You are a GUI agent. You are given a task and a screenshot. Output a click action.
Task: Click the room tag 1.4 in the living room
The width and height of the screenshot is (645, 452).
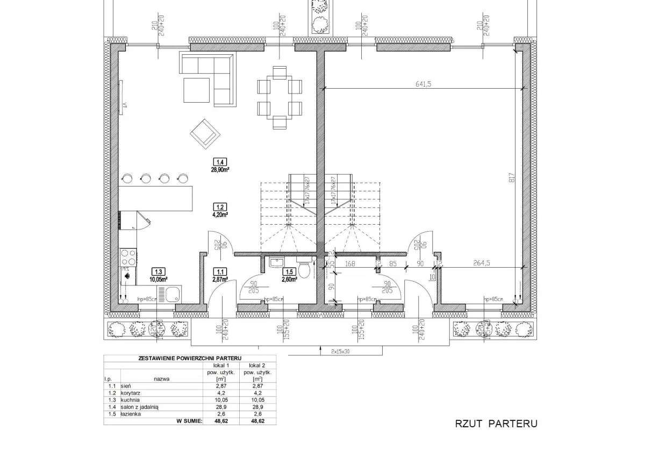(x=220, y=162)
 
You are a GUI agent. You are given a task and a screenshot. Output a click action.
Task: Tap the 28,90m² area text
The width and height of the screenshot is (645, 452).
(x=220, y=169)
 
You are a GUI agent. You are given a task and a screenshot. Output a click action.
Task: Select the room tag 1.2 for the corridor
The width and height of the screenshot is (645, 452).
(x=220, y=206)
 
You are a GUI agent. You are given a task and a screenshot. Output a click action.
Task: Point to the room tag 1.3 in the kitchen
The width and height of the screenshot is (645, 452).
(x=158, y=271)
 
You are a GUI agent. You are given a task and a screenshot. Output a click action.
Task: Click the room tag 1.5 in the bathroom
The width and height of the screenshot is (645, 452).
(x=290, y=271)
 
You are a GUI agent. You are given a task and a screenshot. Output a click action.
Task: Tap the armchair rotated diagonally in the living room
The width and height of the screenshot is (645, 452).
(x=204, y=133)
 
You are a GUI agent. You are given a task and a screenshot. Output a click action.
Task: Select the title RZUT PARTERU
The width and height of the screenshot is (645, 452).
(x=496, y=424)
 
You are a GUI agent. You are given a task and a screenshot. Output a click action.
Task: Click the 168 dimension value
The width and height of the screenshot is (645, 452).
(x=350, y=264)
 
